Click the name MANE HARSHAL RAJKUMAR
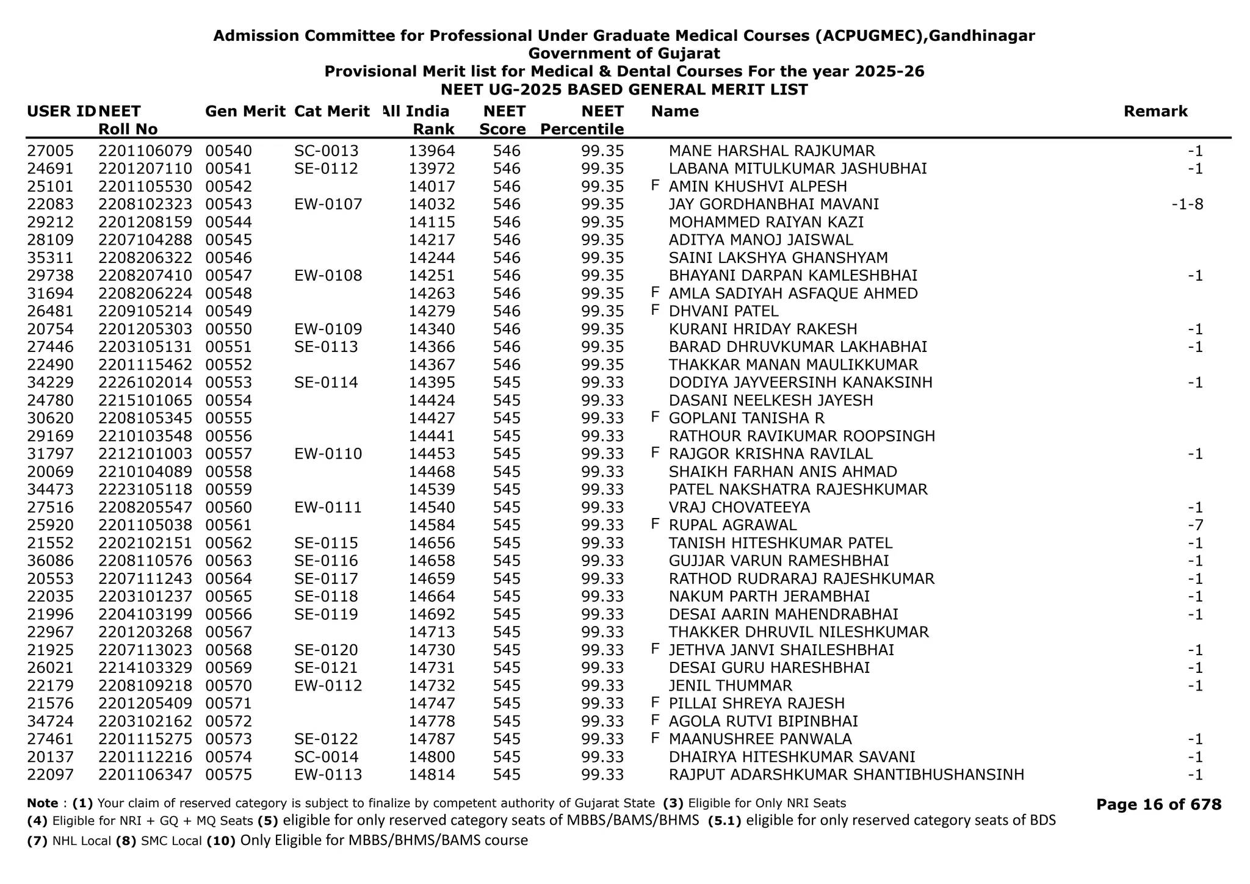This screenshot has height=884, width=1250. (771, 151)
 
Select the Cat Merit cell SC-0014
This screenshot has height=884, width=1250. (326, 757)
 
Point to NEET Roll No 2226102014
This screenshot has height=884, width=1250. (145, 383)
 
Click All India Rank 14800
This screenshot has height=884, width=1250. (432, 757)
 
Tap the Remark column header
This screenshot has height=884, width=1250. (1155, 112)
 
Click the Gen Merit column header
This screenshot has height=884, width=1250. (245, 112)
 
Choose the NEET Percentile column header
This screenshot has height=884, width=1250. (582, 120)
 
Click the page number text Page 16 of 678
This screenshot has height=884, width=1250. (1158, 805)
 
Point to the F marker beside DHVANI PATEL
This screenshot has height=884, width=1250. (656, 311)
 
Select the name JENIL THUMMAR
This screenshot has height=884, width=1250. (730, 686)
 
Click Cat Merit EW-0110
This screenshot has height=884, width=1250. (328, 454)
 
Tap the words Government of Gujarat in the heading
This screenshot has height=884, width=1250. (624, 54)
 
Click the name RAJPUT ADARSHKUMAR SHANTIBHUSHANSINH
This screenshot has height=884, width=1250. (846, 775)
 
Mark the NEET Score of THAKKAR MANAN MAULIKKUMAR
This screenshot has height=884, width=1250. (506, 365)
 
